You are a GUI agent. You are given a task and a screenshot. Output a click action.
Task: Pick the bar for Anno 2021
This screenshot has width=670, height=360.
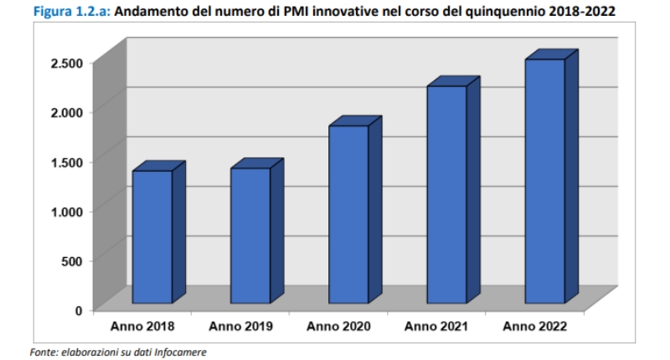point(446,194)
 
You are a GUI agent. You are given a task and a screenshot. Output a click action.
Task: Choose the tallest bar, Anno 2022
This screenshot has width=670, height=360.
point(544,181)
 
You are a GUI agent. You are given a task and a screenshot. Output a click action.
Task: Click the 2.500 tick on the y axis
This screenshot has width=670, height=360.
point(66,63)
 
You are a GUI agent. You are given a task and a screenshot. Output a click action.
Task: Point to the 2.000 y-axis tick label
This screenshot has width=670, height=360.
point(66,112)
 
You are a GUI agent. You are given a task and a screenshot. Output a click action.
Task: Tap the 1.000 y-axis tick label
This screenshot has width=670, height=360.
point(66,211)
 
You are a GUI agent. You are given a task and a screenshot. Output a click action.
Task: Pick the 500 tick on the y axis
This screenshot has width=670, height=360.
point(72,260)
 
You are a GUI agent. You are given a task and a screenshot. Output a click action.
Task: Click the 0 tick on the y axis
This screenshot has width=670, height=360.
point(79,310)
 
